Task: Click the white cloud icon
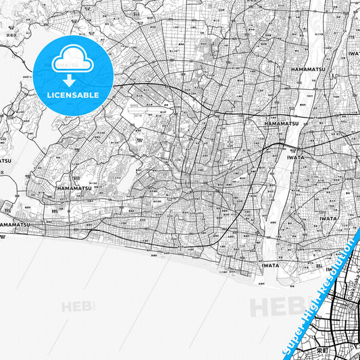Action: pyautogui.click(x=72, y=59)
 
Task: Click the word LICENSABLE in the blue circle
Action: pyautogui.click(x=73, y=95)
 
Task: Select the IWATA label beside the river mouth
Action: pyautogui.click(x=269, y=265)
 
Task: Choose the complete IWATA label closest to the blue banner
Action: pyautogui.click(x=328, y=219)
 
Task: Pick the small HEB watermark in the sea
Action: pyautogui.click(x=78, y=307)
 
